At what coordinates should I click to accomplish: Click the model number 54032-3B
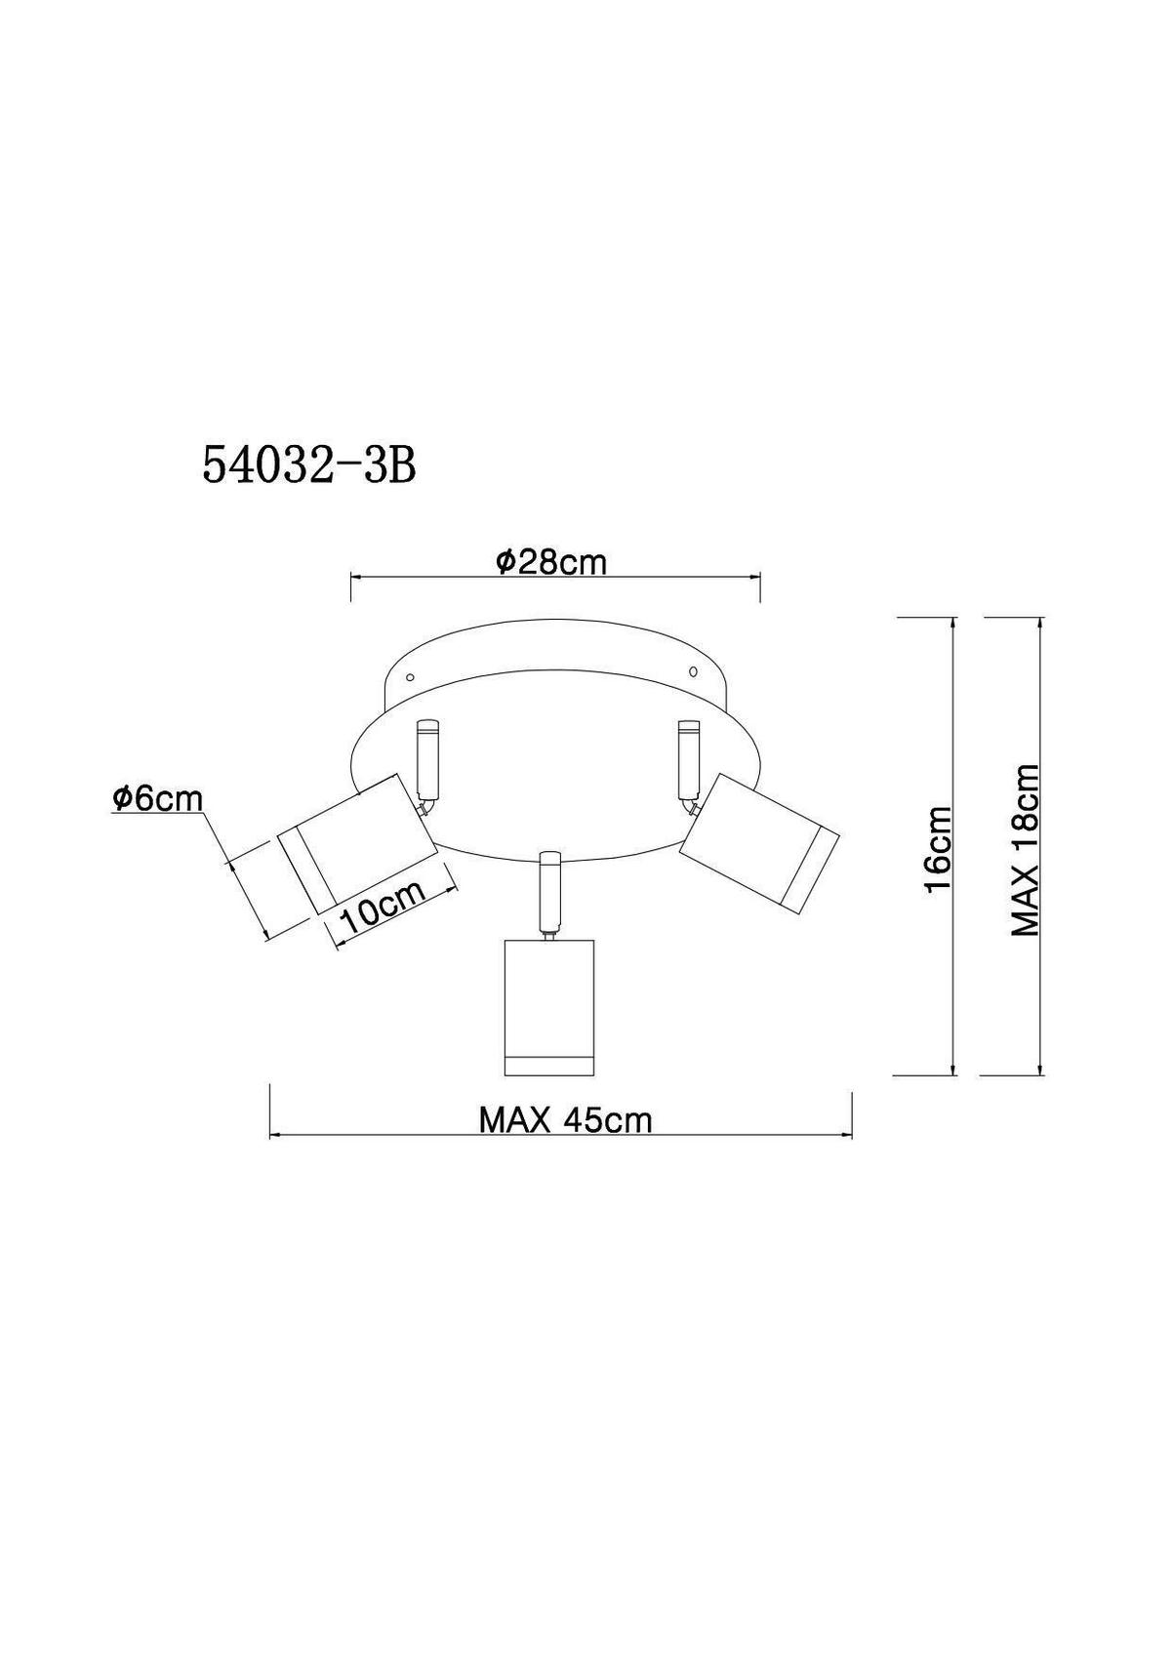308,465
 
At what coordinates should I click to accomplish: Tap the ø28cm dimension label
550,562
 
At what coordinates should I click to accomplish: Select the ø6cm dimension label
157,798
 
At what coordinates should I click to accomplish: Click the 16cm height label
939,850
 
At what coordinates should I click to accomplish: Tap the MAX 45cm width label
566,1120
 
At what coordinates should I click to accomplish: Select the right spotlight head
759,838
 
